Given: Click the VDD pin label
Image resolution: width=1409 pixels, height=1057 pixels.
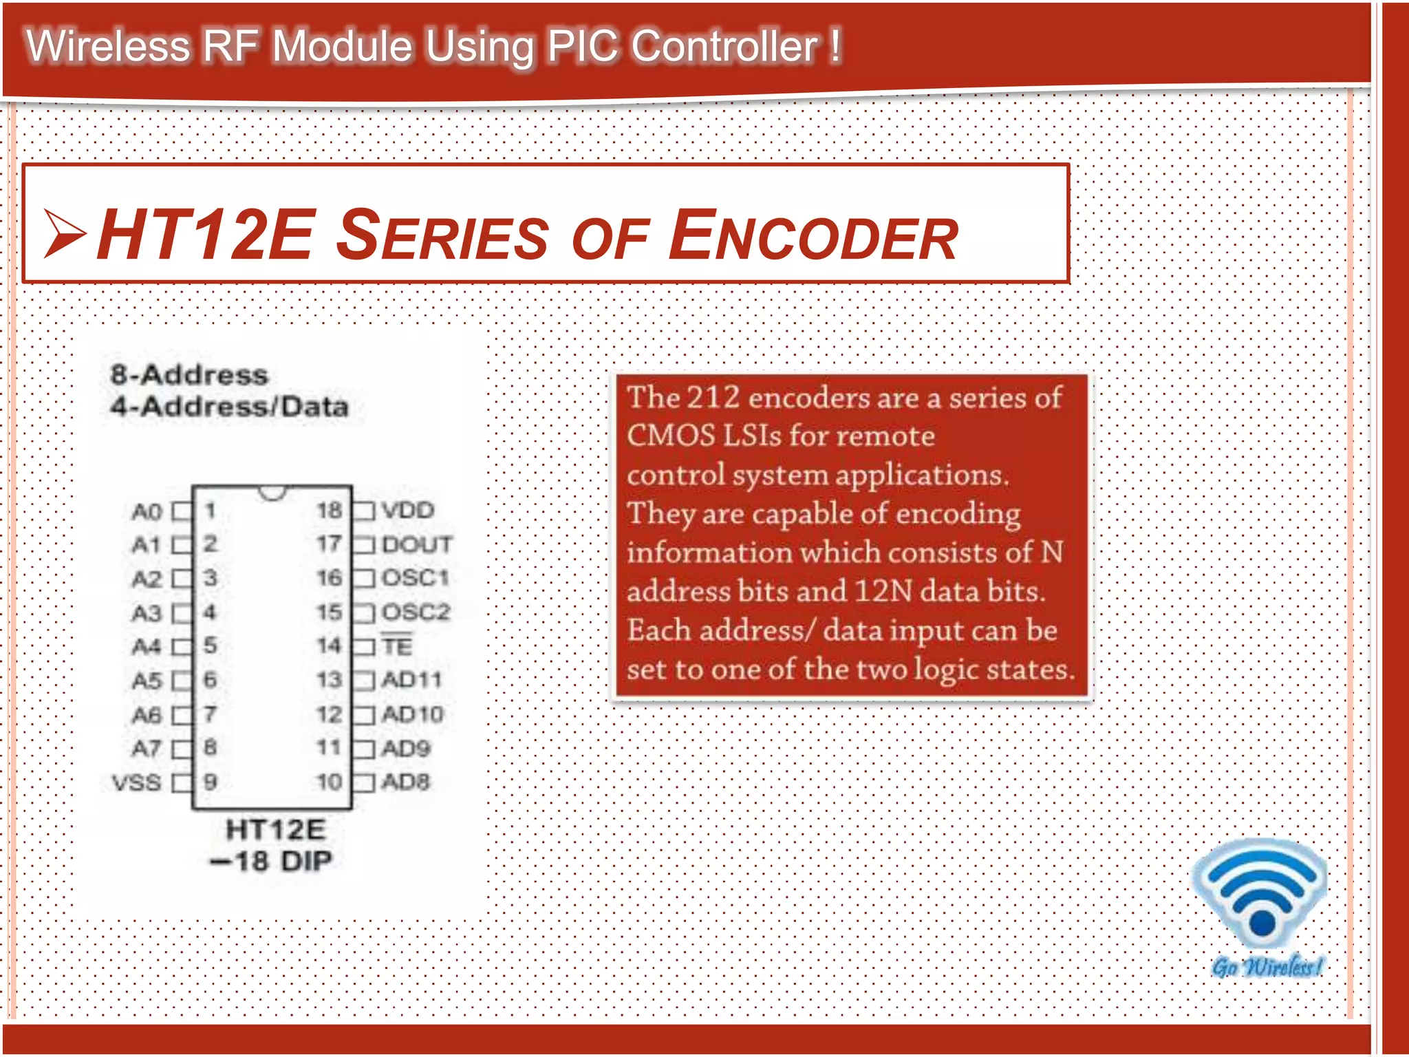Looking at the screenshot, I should (408, 511).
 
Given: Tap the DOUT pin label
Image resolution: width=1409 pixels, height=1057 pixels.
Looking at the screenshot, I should (417, 544).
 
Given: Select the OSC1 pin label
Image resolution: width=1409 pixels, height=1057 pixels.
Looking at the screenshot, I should (416, 577).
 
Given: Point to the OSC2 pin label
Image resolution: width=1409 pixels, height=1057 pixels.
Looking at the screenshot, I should (416, 612).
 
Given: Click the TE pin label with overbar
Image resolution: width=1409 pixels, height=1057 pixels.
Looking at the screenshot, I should (397, 645).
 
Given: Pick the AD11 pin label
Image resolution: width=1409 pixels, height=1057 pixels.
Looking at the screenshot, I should (411, 680).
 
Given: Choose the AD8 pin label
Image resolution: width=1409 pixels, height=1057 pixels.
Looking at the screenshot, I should (406, 782).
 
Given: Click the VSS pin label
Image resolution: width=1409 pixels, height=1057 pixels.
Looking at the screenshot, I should (136, 782).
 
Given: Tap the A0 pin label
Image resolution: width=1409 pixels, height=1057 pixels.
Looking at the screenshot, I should (147, 511).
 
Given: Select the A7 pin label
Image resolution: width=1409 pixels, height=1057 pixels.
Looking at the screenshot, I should (147, 748).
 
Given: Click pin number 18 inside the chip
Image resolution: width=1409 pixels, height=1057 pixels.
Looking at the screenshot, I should (329, 511).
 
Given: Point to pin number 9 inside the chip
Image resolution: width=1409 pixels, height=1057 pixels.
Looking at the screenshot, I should (210, 782).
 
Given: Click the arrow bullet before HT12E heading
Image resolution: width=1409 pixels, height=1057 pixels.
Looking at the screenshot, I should (65, 234).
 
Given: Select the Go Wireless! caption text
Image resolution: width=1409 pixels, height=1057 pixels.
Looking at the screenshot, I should (1267, 966).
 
